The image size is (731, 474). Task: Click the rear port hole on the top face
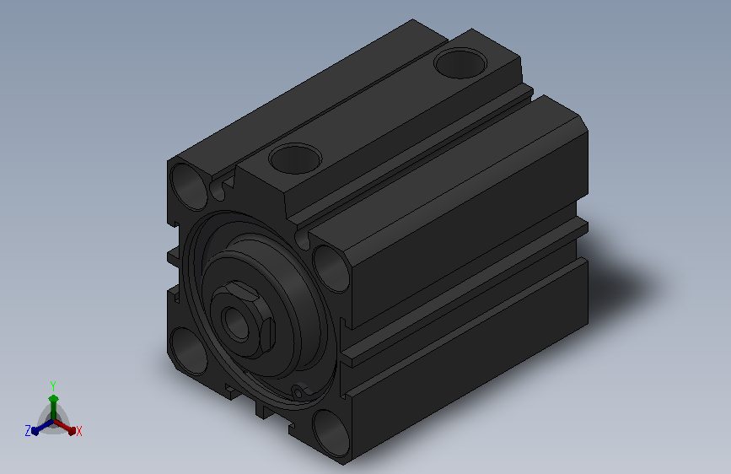pos(460,63)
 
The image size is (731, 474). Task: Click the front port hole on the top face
pos(295,159)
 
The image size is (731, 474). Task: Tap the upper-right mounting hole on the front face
pos(331,269)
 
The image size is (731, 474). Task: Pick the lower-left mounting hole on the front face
pos(189,352)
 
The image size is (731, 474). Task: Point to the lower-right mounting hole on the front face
pos(331,434)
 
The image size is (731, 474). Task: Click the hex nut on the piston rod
pos(243,319)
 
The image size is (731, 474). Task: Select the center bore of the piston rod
pos(236,322)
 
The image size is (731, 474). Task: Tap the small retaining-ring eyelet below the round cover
pos(300,391)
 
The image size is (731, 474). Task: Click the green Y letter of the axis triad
pos(53,386)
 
